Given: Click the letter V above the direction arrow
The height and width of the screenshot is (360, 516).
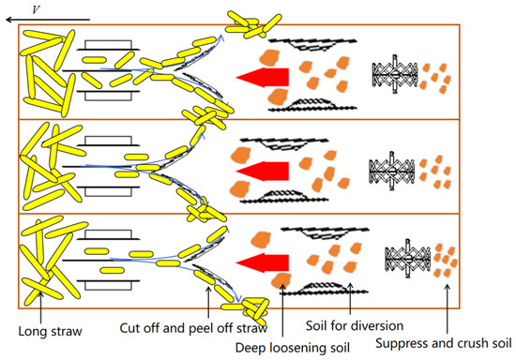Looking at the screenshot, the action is (x=36, y=9).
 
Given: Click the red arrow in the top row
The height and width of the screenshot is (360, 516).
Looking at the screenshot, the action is (x=263, y=78).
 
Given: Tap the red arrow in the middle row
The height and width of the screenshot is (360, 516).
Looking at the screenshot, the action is (x=263, y=171).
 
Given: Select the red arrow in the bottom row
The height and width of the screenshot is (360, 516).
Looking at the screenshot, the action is (x=263, y=262).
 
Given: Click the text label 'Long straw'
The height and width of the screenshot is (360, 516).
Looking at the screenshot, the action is (x=50, y=331).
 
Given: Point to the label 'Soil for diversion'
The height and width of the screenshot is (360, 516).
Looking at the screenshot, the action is (x=355, y=326).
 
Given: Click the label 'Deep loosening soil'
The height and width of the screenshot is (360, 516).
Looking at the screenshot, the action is (x=293, y=348).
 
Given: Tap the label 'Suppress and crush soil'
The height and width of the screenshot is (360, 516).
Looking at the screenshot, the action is (x=444, y=343).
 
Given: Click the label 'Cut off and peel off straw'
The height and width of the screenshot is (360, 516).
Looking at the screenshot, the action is (x=193, y=328).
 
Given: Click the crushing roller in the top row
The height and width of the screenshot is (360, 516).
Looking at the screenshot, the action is (x=395, y=75).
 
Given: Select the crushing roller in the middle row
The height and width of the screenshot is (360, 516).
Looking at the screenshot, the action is (x=391, y=171).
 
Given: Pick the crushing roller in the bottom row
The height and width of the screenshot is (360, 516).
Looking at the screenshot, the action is (x=408, y=259).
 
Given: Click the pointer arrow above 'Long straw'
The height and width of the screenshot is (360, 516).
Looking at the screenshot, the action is (x=40, y=307).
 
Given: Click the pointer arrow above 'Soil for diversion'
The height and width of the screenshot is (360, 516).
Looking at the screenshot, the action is (x=350, y=298).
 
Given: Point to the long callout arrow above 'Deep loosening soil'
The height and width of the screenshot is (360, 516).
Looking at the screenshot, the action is (x=282, y=310).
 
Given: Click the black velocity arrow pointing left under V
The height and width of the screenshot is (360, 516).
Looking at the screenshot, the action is (x=48, y=20).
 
